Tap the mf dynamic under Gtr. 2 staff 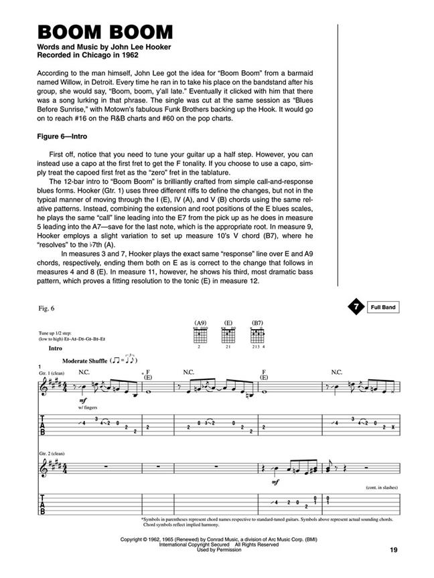click(x=276, y=481)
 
